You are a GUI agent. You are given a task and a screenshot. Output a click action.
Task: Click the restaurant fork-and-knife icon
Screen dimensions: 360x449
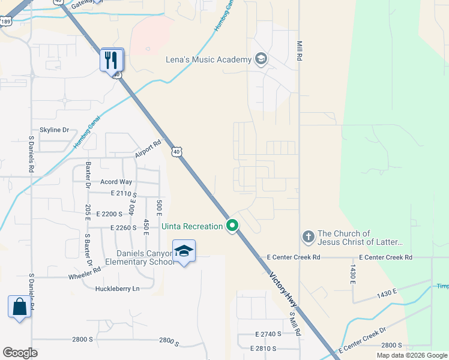112,60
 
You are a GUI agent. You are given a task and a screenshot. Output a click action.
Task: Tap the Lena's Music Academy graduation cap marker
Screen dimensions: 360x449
261,59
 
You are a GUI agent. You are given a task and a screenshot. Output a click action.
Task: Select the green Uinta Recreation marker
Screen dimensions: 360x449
232,226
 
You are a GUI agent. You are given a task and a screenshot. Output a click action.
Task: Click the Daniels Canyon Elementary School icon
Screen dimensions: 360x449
184,251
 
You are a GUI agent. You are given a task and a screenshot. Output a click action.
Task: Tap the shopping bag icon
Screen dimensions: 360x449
19,307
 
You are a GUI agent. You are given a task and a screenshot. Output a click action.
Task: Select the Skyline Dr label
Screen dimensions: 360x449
55,130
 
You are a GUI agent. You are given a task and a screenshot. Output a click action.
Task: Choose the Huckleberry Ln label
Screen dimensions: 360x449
117,289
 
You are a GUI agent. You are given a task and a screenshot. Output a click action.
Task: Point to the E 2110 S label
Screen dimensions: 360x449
124,194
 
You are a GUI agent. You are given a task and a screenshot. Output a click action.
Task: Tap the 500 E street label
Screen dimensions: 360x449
159,206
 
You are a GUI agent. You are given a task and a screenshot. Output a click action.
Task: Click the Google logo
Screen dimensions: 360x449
20,353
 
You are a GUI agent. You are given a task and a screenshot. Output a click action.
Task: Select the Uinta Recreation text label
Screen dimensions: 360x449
192,226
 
